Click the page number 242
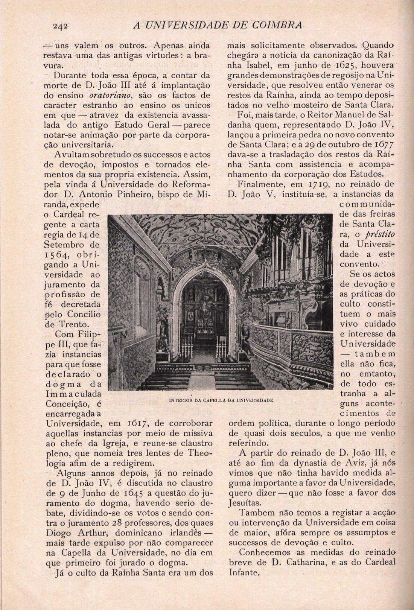[60, 26]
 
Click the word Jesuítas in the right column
[243, 503]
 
